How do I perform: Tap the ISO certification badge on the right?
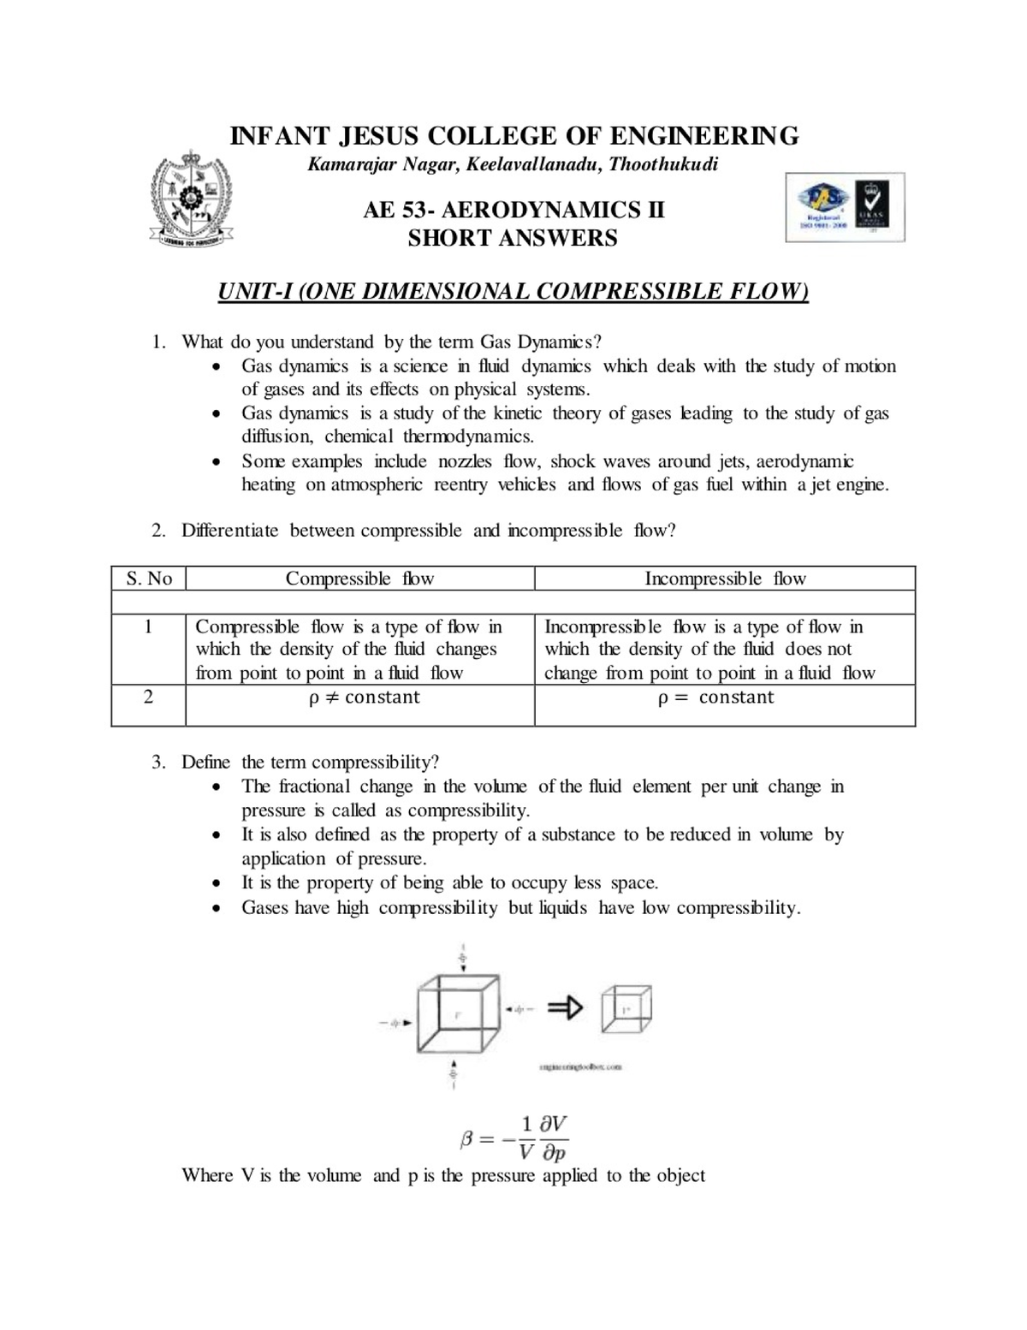point(845,207)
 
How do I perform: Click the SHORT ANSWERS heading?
point(513,238)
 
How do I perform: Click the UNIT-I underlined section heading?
point(513,291)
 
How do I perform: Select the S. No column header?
point(149,579)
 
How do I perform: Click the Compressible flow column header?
point(359,579)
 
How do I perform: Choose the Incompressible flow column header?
point(725,579)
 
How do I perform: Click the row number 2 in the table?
point(148,697)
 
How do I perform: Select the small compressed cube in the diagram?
point(626,1009)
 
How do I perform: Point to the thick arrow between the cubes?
point(565,1008)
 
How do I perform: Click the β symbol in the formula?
point(467,1139)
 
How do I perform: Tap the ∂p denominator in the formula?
point(554,1153)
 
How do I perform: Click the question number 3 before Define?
point(158,763)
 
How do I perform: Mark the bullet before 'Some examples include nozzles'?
point(219,462)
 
